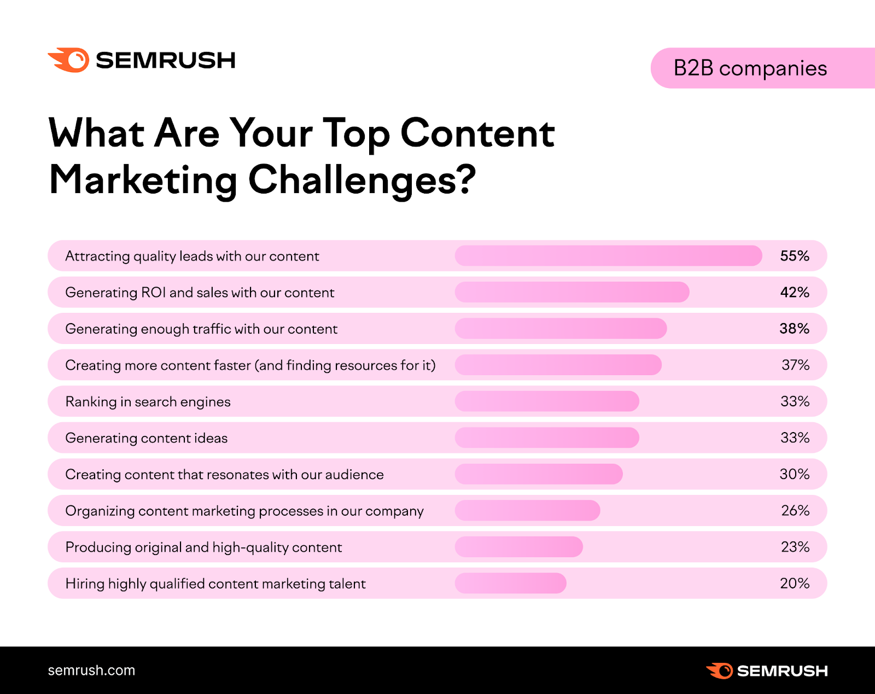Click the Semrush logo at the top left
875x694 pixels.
(142, 60)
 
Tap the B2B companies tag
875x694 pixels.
(750, 68)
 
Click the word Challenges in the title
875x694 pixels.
(362, 180)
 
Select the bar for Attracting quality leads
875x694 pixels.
(608, 256)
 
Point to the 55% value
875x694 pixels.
(795, 256)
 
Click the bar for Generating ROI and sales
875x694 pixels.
(572, 292)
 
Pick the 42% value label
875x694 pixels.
(795, 292)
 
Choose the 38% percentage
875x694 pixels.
(794, 329)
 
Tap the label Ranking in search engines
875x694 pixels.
(148, 402)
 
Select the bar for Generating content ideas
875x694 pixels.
(547, 438)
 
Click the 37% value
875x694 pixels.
(795, 365)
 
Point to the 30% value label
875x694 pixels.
(795, 474)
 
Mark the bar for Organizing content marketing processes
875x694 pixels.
(527, 511)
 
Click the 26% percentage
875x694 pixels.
(795, 511)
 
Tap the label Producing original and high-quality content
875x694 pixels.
(203, 547)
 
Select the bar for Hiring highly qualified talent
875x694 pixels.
(510, 584)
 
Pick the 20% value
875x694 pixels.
(795, 584)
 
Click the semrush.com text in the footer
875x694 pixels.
(91, 670)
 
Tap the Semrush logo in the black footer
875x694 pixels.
(767, 671)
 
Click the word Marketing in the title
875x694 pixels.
(143, 180)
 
